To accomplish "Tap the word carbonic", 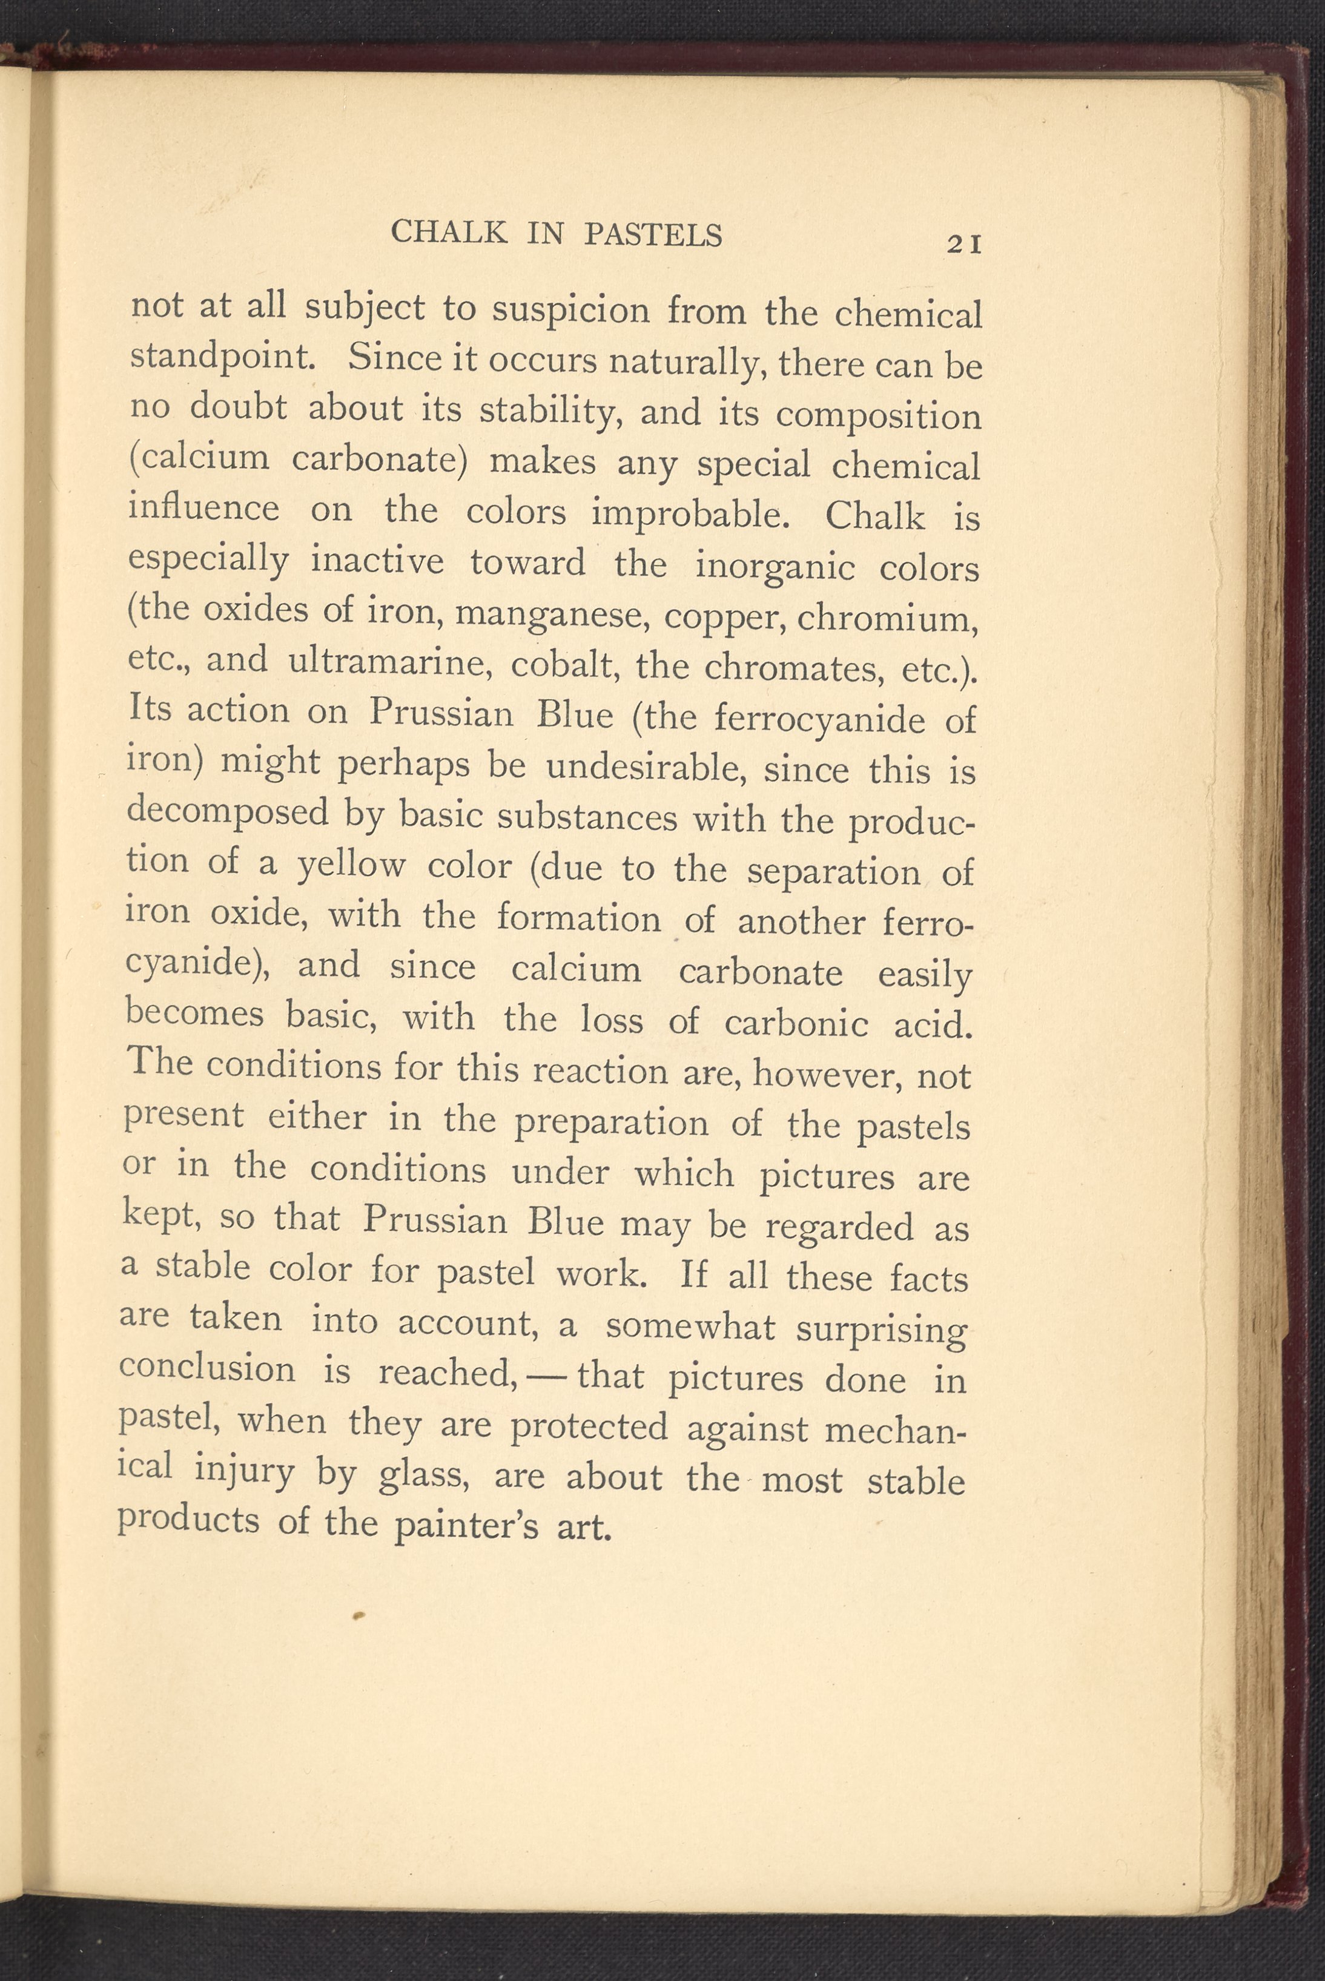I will (796, 1023).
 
